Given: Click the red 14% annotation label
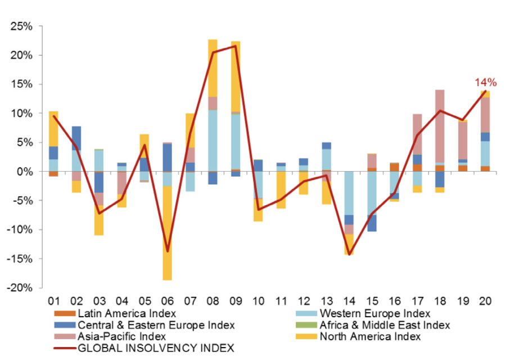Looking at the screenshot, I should (485, 83).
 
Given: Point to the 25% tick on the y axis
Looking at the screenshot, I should (21, 27).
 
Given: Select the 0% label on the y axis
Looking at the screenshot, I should (25, 172).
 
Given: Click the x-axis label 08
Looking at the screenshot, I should (213, 301).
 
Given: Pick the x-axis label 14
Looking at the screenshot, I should (349, 301).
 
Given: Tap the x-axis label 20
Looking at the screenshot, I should (485, 301).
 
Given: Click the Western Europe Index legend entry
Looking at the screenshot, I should (374, 313).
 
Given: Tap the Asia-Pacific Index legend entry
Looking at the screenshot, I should (121, 337).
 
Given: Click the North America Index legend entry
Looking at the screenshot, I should (369, 337).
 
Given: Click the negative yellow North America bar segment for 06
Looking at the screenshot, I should (167, 233).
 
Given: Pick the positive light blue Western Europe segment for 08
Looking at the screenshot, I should (213, 141).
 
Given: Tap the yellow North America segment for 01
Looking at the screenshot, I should (53, 129).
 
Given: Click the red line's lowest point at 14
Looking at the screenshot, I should (349, 254).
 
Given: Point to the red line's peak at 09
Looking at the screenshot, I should (235, 46).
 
